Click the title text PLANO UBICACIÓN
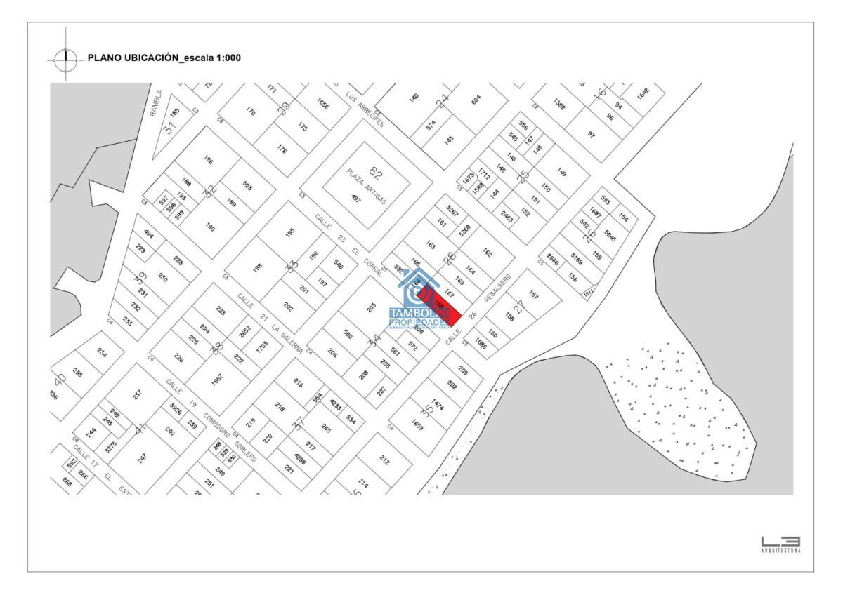[133, 58]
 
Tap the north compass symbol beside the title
[65, 58]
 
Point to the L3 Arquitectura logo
[780, 544]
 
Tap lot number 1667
[217, 378]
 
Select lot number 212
[384, 460]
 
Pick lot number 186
[208, 160]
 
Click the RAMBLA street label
[158, 102]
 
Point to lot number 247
[143, 458]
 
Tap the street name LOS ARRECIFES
[365, 108]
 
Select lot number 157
[533, 295]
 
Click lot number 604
[476, 100]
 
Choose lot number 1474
[438, 405]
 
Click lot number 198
[258, 267]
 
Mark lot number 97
[592, 134]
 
